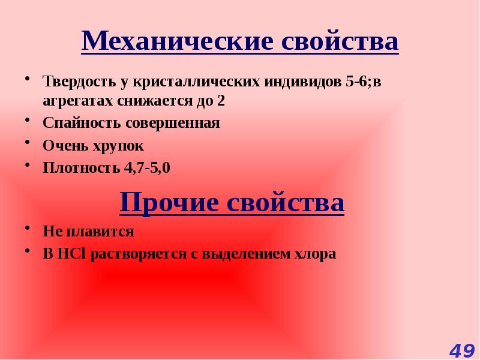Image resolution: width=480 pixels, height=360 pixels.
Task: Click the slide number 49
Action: coord(461,350)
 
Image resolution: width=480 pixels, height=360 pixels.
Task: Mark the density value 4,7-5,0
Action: coord(147,167)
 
